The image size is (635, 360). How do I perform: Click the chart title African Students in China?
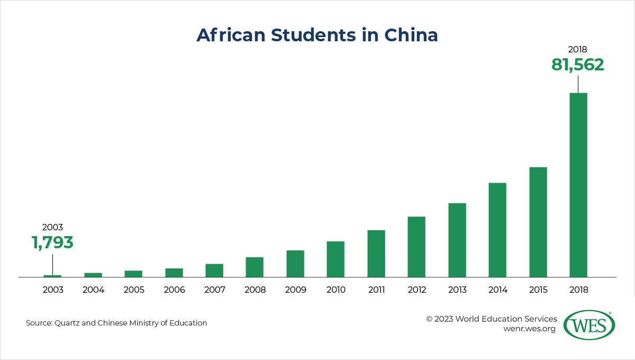[x=317, y=35]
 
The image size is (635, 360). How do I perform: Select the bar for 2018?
[x=578, y=185]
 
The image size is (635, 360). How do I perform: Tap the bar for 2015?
[x=538, y=222]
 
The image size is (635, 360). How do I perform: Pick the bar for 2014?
[x=497, y=230]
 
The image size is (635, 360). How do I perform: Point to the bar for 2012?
[x=416, y=247]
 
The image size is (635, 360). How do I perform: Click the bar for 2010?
[x=335, y=259]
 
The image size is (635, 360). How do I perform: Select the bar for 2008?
[x=255, y=267]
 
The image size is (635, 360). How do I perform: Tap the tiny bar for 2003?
[x=52, y=276]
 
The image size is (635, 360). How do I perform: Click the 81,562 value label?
[x=577, y=65]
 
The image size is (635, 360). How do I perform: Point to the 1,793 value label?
[x=52, y=242]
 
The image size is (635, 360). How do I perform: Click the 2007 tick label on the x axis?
[x=214, y=290]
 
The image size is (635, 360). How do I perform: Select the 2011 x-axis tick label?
[x=376, y=290]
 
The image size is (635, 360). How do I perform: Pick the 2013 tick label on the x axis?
[x=457, y=290]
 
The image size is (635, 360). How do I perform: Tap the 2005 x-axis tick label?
[x=133, y=290]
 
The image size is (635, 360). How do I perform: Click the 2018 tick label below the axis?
[x=578, y=290]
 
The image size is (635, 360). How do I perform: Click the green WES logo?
[x=588, y=325]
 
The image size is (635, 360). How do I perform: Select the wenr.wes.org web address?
[x=529, y=329]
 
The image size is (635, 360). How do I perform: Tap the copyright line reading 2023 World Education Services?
[x=492, y=319]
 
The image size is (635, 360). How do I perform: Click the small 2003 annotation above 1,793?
[x=52, y=227]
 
